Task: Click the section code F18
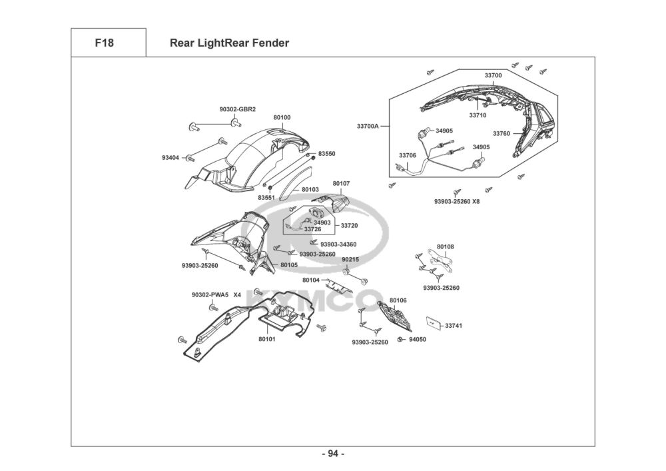pyautogui.click(x=104, y=43)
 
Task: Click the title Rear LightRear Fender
pyautogui.click(x=229, y=43)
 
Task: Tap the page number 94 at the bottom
pyautogui.click(x=333, y=454)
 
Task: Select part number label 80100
pyautogui.click(x=282, y=118)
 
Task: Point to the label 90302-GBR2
pyautogui.click(x=238, y=109)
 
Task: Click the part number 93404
pyautogui.click(x=170, y=158)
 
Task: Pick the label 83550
pyautogui.click(x=326, y=154)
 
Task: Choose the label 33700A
pyautogui.click(x=368, y=126)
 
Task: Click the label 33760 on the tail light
pyautogui.click(x=501, y=133)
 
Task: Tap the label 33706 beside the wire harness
pyautogui.click(x=408, y=155)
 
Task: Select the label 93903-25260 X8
pyautogui.click(x=457, y=201)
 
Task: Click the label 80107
pyautogui.click(x=341, y=183)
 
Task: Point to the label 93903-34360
pyautogui.click(x=338, y=244)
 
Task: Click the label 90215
pyautogui.click(x=350, y=260)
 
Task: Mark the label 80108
pyautogui.click(x=445, y=246)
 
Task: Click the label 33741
pyautogui.click(x=454, y=326)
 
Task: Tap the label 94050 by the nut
pyautogui.click(x=418, y=339)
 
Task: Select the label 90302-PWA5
pyautogui.click(x=210, y=294)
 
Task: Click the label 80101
pyautogui.click(x=267, y=339)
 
